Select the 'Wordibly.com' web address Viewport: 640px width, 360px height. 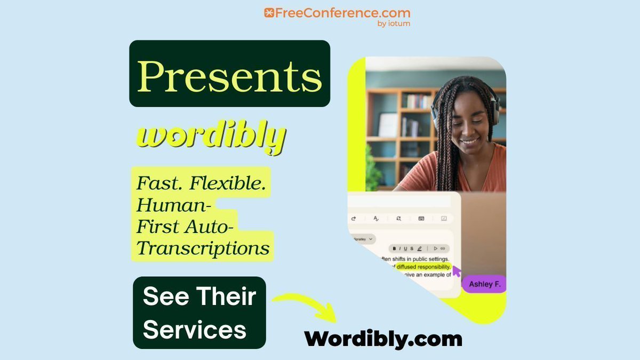point(383,339)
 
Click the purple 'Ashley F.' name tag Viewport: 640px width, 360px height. point(484,284)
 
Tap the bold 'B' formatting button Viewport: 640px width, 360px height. point(394,249)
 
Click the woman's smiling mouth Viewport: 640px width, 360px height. point(469,142)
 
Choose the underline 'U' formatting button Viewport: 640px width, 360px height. point(405,249)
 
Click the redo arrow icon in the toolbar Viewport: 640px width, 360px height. point(353,218)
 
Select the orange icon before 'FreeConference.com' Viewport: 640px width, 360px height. point(269,13)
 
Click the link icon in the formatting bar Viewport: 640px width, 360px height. point(443,249)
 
